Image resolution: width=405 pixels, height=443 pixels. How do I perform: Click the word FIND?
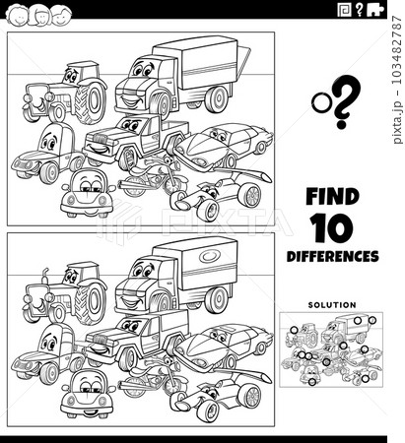point(332,197)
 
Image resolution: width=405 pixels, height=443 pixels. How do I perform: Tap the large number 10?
point(332,228)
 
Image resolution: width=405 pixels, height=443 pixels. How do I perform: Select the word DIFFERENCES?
point(332,256)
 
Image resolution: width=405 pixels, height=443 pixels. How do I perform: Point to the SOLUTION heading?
point(332,305)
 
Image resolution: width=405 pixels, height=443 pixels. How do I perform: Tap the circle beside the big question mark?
point(322,102)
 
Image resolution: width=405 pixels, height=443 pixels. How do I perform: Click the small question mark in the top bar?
point(360,10)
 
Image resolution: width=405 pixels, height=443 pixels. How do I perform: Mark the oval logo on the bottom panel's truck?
point(210,256)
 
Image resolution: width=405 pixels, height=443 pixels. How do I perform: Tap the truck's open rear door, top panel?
point(243,59)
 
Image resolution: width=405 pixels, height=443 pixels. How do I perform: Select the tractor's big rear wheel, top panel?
point(90,101)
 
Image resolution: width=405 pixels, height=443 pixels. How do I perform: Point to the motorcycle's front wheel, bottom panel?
point(173,384)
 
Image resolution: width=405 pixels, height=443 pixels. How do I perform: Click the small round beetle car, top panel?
point(88,193)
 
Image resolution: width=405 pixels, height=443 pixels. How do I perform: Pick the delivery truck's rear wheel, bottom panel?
point(217,299)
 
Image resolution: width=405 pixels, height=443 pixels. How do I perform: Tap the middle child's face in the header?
point(40,16)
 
